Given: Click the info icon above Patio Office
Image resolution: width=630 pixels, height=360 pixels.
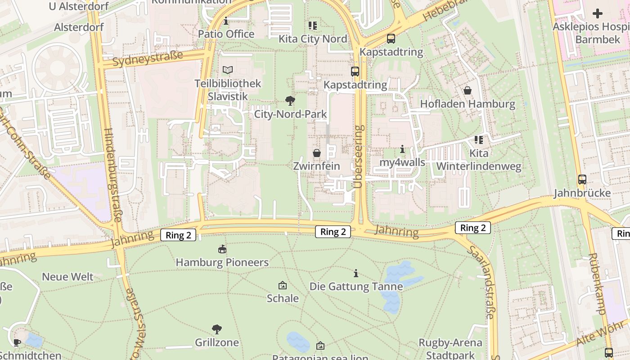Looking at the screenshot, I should (x=226, y=21).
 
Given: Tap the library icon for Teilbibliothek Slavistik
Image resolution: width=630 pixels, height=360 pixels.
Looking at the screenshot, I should (x=228, y=70).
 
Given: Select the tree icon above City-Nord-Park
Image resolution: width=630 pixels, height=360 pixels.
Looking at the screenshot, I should (x=290, y=101).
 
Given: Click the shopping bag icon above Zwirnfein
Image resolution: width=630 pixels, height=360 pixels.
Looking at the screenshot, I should (x=317, y=153).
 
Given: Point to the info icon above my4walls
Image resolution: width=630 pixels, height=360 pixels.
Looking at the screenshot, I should (x=402, y=149).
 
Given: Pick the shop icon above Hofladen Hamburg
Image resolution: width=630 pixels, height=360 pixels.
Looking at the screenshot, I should (x=468, y=90).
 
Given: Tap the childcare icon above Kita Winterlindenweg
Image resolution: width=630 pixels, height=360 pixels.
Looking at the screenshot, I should (x=478, y=140).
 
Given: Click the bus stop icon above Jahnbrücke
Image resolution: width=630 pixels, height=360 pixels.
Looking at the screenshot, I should (x=582, y=180).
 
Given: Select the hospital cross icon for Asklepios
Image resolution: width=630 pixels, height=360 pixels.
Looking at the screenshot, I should (x=598, y=13).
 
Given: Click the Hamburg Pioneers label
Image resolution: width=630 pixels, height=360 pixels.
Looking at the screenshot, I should (x=222, y=262).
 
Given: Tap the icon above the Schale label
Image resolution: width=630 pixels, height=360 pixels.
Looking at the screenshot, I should (x=283, y=285).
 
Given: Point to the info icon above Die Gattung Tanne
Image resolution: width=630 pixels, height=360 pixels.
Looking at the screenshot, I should (x=356, y=273).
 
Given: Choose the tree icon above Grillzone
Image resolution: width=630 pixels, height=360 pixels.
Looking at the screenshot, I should (x=217, y=329).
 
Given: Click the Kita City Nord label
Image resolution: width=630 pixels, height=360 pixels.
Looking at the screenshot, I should (x=313, y=39).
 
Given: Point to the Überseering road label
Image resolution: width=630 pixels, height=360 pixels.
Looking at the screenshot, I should (x=358, y=157).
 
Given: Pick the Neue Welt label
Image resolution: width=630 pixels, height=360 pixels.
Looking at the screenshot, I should (x=67, y=276).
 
